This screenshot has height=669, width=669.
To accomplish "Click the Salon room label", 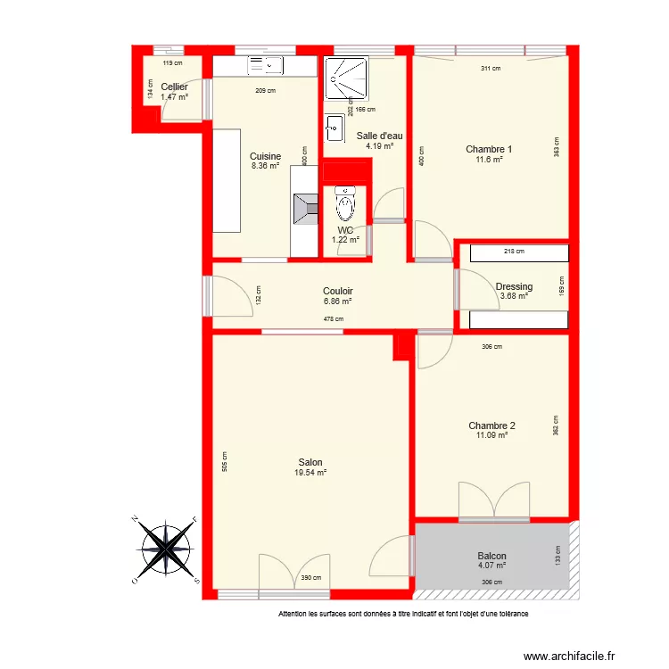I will click(x=310, y=462).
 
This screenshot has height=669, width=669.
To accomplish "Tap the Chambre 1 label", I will click(x=489, y=149).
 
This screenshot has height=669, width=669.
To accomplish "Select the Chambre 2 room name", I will click(x=491, y=425).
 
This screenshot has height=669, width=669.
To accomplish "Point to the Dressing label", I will click(x=514, y=286).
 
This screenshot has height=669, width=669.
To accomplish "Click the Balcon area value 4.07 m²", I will click(x=491, y=565).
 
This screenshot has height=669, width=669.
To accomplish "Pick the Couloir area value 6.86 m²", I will click(x=337, y=301).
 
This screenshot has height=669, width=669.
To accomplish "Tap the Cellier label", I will click(x=174, y=87).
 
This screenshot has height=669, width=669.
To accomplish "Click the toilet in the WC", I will click(x=344, y=207).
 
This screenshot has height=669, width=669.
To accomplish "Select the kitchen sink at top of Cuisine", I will click(x=265, y=64).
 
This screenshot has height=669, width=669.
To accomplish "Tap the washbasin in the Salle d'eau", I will click(x=334, y=128).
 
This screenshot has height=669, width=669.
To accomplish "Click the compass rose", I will click(x=167, y=549).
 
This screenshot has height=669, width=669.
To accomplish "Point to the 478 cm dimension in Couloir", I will click(x=333, y=318).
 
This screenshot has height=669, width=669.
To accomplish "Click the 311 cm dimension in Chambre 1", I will click(x=490, y=69).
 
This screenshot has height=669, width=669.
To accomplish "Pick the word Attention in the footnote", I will click(x=294, y=614).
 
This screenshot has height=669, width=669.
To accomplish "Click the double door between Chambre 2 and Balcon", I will click(x=493, y=501).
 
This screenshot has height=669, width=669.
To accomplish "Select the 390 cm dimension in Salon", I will click(x=311, y=578).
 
